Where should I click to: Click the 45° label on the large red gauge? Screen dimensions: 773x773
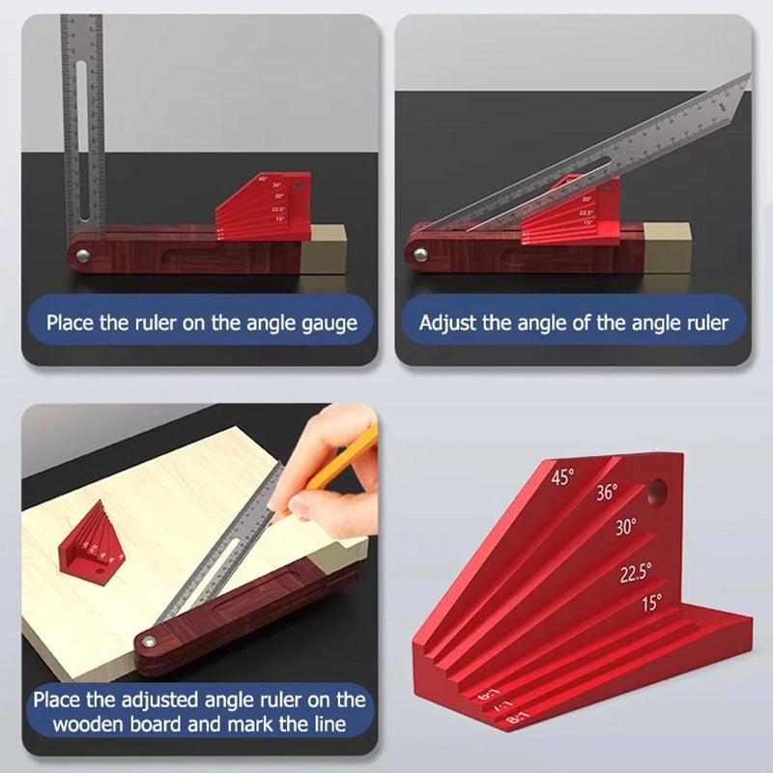pyautogui.click(x=562, y=476)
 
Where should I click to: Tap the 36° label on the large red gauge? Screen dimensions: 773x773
pyautogui.click(x=606, y=493)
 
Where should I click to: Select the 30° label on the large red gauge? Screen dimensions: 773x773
pyautogui.click(x=626, y=528)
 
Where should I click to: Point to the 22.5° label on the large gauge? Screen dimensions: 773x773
pyautogui.click(x=636, y=573)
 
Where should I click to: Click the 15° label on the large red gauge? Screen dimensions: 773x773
pyautogui.click(x=652, y=604)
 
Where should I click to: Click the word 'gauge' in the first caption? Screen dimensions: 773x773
pyautogui.click(x=321, y=324)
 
